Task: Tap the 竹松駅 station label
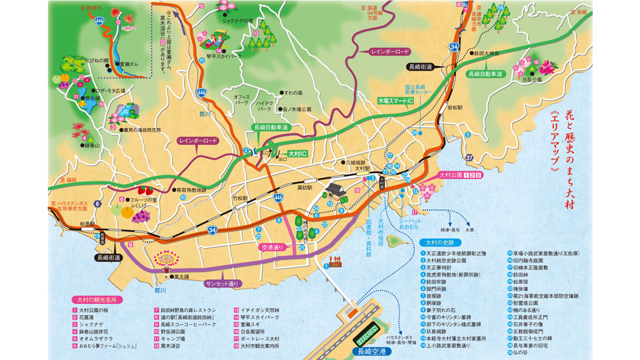239,198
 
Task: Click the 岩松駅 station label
455,106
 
